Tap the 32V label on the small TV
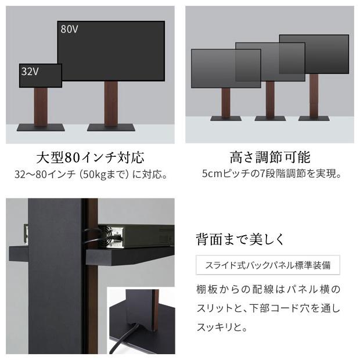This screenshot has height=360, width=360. point(30,71)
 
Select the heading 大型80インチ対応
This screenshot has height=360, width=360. point(90,157)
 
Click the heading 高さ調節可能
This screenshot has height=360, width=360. point(270,157)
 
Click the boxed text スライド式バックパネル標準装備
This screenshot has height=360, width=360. point(268,266)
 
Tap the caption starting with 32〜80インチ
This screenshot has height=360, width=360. point(90,174)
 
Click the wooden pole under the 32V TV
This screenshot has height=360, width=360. point(41,106)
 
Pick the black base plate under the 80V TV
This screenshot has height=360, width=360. point(111,127)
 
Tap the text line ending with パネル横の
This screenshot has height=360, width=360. point(268,289)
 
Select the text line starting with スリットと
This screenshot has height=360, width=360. point(268,308)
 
